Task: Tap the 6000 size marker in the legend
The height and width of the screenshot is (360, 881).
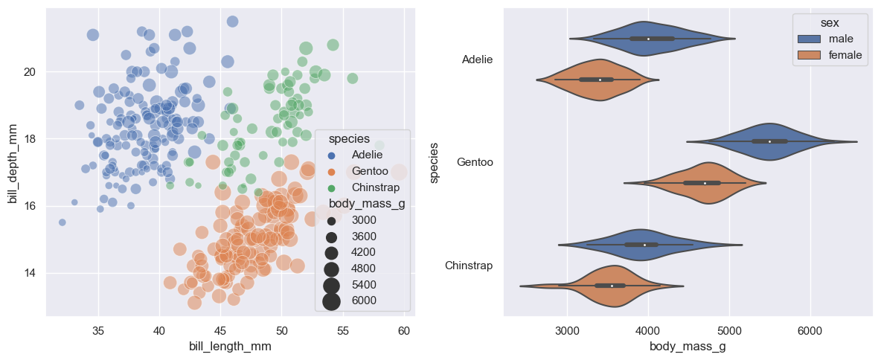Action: pos(332,300)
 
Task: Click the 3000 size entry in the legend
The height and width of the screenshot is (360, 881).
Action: pos(332,221)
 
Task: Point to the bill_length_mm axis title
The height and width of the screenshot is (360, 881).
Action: pos(229,346)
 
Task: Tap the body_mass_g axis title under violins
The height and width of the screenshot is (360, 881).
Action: pos(689,346)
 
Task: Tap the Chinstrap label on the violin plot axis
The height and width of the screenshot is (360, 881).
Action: pos(469,266)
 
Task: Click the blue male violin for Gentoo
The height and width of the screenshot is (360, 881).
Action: pos(770,141)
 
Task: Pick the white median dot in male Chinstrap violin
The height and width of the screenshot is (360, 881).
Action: pos(644,245)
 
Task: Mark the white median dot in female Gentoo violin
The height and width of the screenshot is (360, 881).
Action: pos(705,183)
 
